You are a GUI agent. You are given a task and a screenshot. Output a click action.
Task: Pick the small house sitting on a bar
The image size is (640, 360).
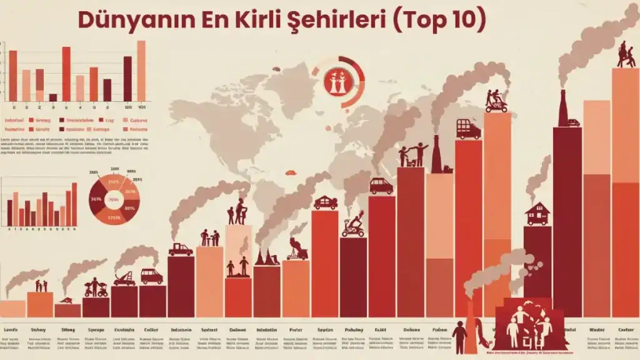tap(537, 214)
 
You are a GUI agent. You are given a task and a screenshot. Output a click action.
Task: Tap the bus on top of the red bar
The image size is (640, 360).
tap(468, 129)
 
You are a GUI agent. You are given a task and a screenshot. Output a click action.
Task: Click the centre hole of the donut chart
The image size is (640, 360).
tap(114, 200)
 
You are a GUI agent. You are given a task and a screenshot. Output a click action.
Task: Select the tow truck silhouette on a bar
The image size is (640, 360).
tap(124, 278)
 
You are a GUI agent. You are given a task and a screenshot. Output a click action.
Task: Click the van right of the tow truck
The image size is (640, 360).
tap(151, 276)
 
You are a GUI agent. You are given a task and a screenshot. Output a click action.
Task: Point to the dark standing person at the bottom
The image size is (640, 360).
tap(460, 336)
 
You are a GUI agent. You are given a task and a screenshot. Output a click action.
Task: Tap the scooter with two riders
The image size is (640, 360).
tap(497, 101)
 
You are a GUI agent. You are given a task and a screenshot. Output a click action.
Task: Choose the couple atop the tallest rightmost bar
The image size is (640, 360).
tap(626, 55)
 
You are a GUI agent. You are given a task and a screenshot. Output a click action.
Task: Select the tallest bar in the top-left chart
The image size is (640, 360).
tap(141, 71)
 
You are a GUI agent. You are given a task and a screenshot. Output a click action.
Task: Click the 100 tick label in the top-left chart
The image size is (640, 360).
tap(127, 106)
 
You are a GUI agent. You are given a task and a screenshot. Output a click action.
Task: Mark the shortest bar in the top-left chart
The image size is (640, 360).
tap(52, 97)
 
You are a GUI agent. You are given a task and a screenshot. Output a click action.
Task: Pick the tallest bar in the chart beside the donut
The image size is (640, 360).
tap(74, 204)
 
